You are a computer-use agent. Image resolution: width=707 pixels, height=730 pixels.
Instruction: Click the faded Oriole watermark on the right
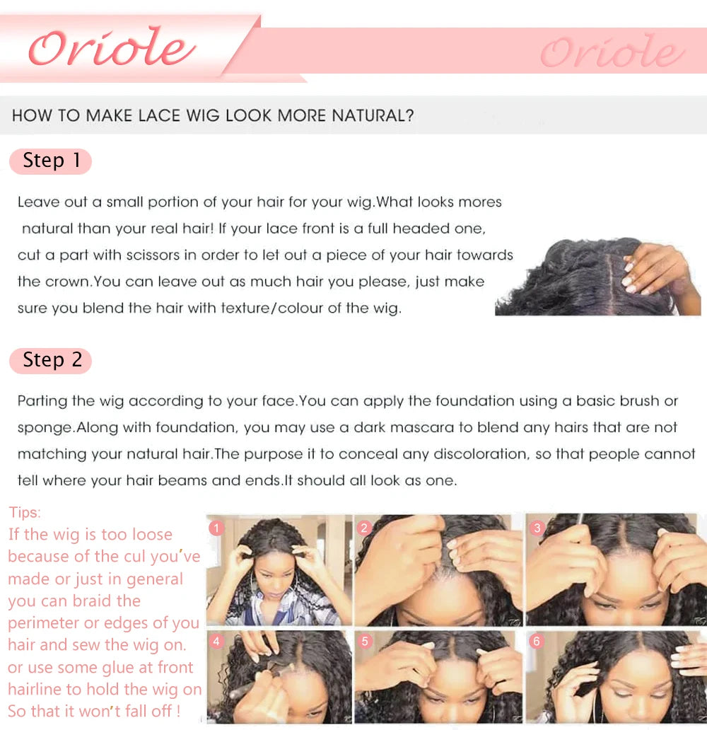click(x=612, y=52)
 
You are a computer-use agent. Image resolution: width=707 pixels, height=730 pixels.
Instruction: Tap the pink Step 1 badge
click(x=51, y=161)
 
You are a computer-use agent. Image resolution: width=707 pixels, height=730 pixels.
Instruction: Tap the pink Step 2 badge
click(x=51, y=360)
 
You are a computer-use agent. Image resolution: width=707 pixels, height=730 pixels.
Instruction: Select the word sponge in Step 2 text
click(x=45, y=427)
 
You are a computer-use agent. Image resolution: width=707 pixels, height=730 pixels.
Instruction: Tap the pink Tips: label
click(x=25, y=512)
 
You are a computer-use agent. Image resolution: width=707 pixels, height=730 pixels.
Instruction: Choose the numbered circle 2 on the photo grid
click(x=365, y=528)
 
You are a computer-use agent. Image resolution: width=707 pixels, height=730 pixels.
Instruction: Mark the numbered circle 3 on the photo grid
click(x=537, y=528)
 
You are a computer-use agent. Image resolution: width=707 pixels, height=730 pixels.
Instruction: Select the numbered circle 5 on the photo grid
click(x=365, y=642)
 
